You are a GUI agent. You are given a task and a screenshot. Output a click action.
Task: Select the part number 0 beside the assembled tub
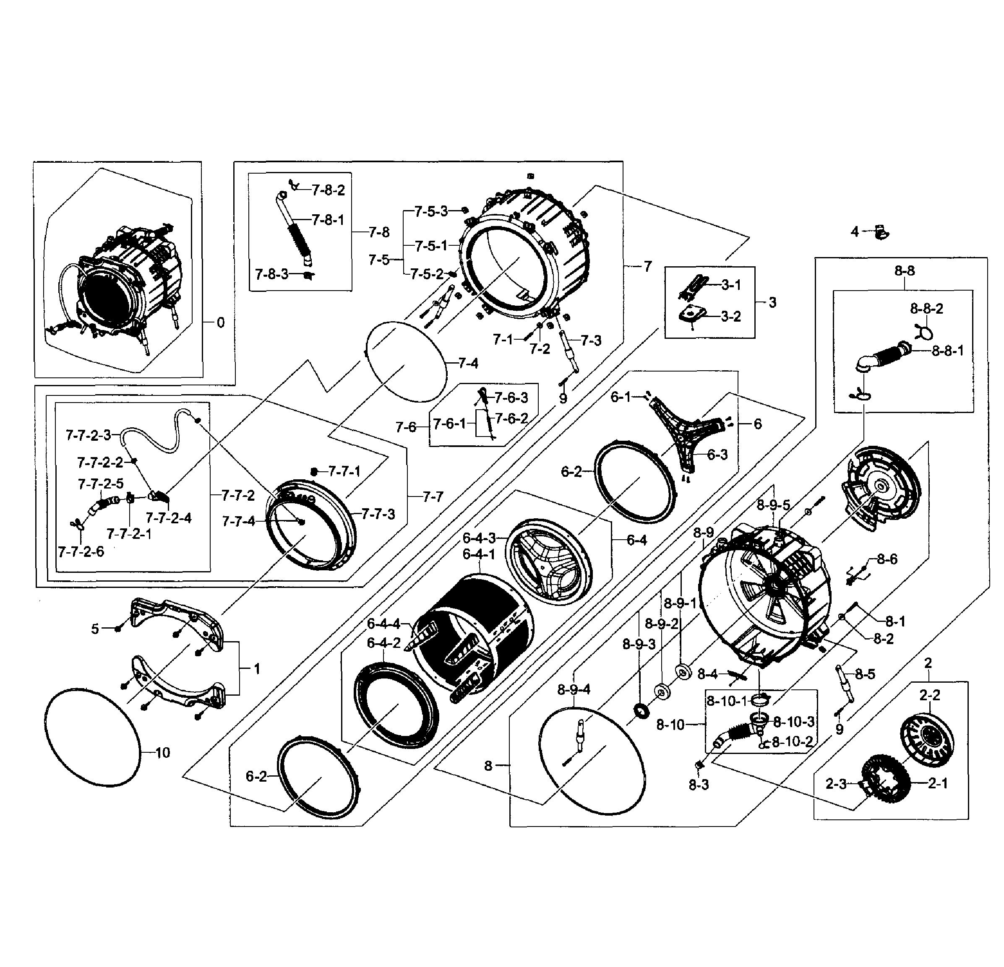(x=220, y=322)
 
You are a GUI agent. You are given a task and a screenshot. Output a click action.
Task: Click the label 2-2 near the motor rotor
(x=929, y=695)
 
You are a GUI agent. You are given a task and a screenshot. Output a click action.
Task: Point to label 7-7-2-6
(x=81, y=552)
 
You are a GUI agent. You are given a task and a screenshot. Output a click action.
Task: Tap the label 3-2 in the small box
(x=730, y=316)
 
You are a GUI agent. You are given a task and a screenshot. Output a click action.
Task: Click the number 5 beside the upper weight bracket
(x=95, y=629)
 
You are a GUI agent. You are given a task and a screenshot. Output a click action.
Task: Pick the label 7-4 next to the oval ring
(x=468, y=364)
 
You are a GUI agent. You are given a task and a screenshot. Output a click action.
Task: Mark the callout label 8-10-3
(x=793, y=722)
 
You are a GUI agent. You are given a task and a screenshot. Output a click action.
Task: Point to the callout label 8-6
(x=887, y=559)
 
